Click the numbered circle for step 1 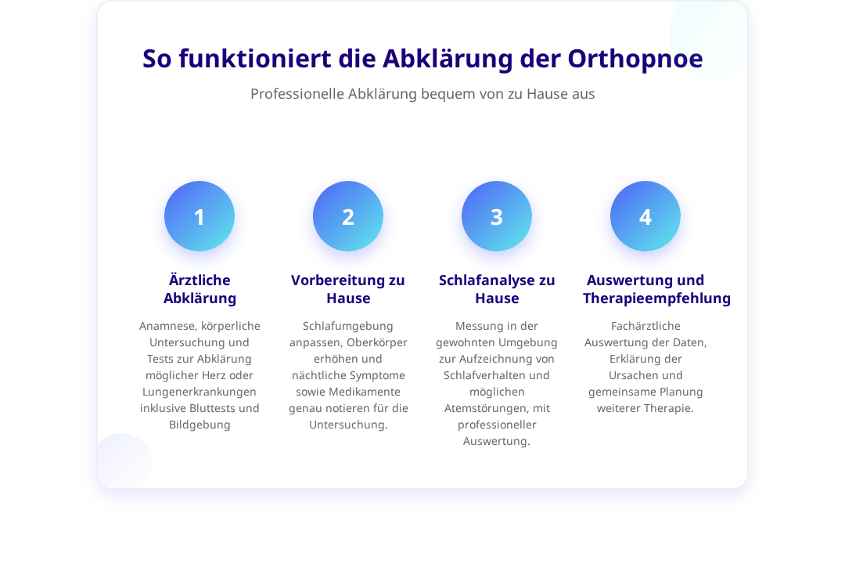(x=200, y=216)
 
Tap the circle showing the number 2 (x=348, y=216)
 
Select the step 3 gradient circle (x=497, y=216)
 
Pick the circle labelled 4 (x=645, y=216)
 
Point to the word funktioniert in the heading (x=255, y=58)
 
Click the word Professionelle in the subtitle (x=297, y=94)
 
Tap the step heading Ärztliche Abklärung (x=200, y=289)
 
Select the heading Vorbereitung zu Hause (x=348, y=289)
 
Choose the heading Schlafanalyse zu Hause (x=497, y=289)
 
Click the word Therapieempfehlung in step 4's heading (x=657, y=298)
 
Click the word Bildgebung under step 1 (x=200, y=425)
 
